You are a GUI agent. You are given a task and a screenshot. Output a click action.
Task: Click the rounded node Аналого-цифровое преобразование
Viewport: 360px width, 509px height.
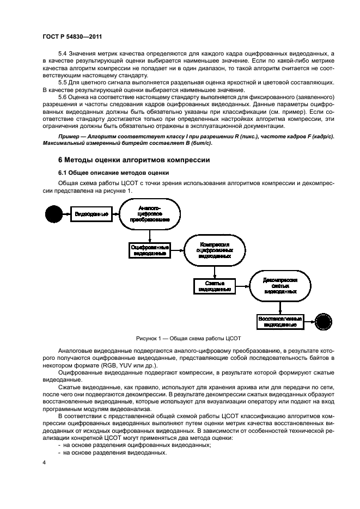tap(149, 215)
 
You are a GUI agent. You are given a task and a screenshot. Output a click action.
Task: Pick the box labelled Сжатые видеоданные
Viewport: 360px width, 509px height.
tap(213, 286)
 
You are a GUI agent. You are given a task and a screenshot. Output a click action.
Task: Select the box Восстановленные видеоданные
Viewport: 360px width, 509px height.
tap(280, 321)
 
